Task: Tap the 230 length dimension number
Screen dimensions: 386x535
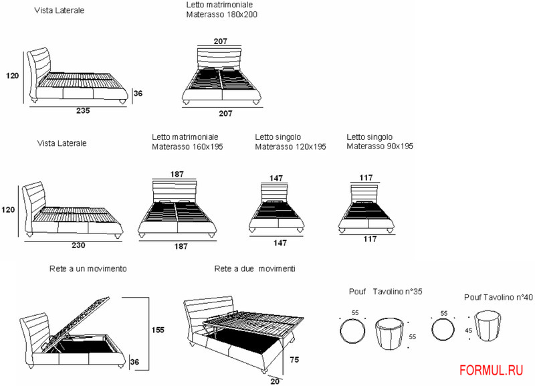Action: pyautogui.click(x=78, y=245)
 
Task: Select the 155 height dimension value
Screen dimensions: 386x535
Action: pyautogui.click(x=158, y=330)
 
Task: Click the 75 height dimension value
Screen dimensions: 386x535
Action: pyautogui.click(x=294, y=359)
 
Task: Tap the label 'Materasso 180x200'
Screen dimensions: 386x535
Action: pyautogui.click(x=222, y=14)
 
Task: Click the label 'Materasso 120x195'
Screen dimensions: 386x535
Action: pyautogui.click(x=290, y=147)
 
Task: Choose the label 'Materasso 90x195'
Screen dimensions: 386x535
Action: pyautogui.click(x=380, y=147)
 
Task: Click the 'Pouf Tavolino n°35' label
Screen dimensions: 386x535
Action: pyautogui.click(x=385, y=292)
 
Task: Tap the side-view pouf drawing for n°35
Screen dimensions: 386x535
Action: pyautogui.click(x=389, y=334)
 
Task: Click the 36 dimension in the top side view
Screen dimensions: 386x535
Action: pyautogui.click(x=138, y=94)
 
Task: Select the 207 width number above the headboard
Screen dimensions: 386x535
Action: pyautogui.click(x=221, y=41)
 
